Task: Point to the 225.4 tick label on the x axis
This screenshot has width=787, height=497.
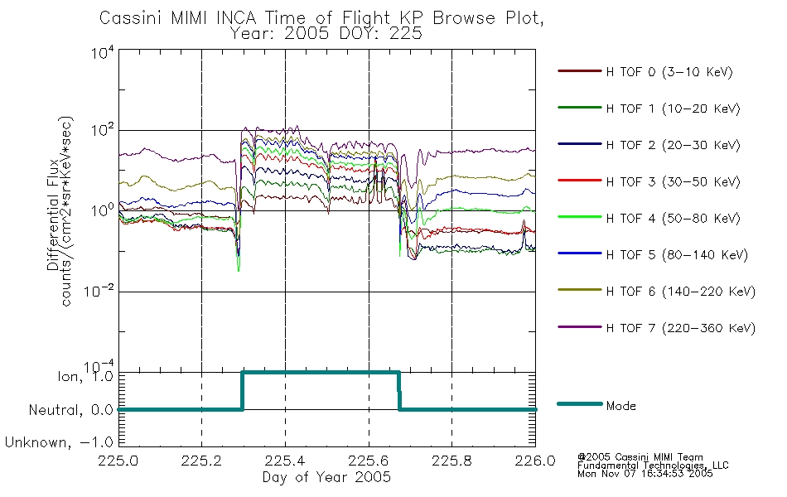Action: coord(285,461)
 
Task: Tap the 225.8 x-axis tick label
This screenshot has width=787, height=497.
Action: coord(451,461)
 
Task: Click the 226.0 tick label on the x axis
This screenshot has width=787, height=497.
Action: coord(535,461)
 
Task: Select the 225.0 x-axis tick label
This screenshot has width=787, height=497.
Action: coord(118,461)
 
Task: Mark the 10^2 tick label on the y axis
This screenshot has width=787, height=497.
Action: coord(103,131)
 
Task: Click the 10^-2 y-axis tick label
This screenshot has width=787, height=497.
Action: coord(99,292)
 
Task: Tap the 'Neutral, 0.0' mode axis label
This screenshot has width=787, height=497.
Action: coord(71,410)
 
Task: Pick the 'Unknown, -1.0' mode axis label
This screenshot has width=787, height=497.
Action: coord(59,442)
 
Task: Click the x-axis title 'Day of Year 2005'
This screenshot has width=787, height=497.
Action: coord(326,477)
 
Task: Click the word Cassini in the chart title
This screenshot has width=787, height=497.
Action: coord(132,18)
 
